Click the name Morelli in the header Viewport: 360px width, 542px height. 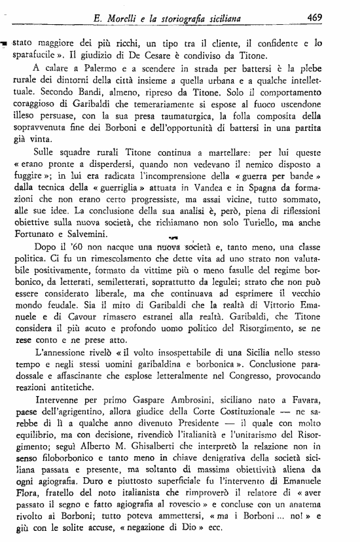point(135,19)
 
